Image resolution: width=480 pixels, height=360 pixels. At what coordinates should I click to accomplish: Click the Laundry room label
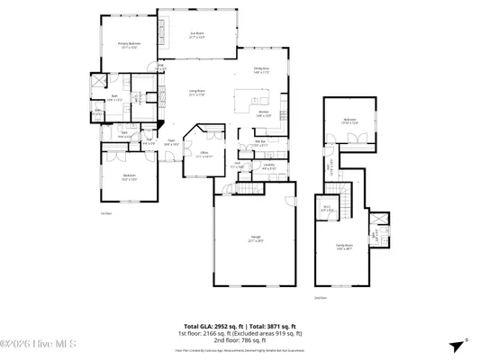[x=269, y=166]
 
